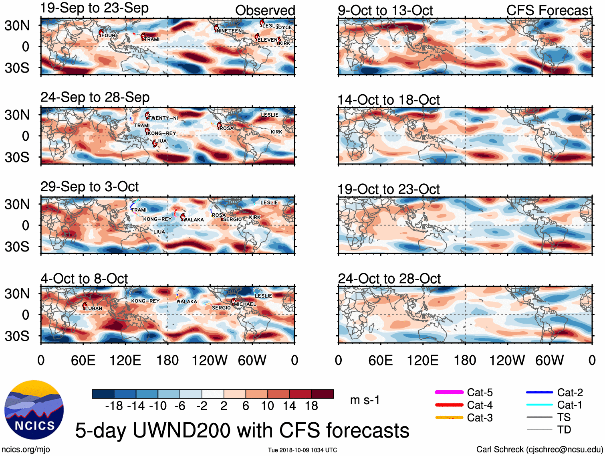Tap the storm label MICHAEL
click(x=245, y=304)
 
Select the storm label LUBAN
click(x=93, y=308)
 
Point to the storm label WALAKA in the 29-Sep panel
click(x=194, y=219)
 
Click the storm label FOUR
click(x=108, y=35)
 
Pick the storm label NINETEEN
click(x=229, y=31)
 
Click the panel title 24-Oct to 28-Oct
click(x=389, y=278)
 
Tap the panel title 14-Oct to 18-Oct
click(x=389, y=99)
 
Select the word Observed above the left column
click(x=265, y=10)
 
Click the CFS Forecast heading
click(x=549, y=10)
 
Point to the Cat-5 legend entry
click(x=480, y=392)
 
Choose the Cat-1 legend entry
click(x=569, y=405)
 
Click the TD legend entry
click(x=564, y=430)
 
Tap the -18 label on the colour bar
click(x=114, y=406)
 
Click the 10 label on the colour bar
click(x=268, y=406)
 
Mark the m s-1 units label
click(x=365, y=400)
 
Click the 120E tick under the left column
click(x=125, y=360)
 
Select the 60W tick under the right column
click(x=549, y=360)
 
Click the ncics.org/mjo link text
click(x=26, y=450)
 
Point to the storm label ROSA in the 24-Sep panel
click(x=226, y=128)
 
